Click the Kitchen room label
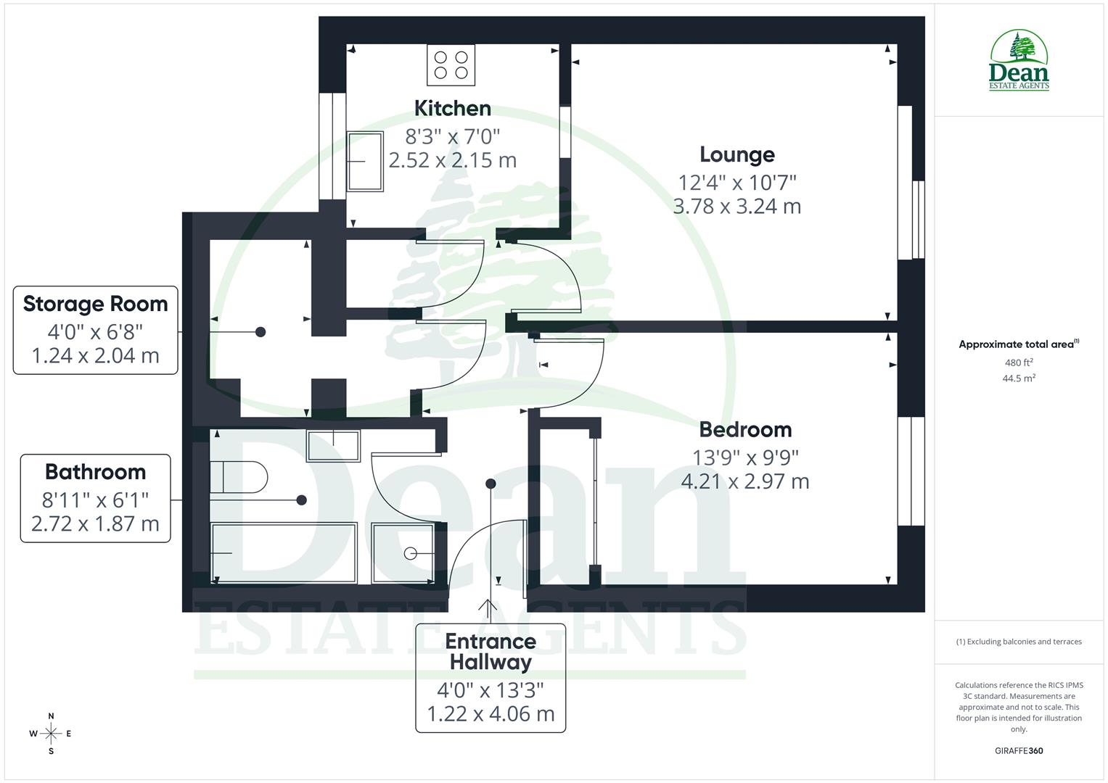click(452, 108)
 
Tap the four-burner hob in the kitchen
click(451, 65)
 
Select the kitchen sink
click(365, 161)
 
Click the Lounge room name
click(736, 154)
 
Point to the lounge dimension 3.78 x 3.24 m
click(736, 207)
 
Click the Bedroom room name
click(745, 429)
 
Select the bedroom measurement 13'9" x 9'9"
click(745, 457)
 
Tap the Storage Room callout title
click(95, 304)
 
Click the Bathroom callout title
click(95, 472)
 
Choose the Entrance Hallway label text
click(491, 651)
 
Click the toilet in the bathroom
click(238, 476)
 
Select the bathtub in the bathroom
click(284, 552)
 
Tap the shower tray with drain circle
click(403, 552)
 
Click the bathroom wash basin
click(333, 445)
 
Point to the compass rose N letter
click(51, 716)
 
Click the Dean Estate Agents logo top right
click(1019, 61)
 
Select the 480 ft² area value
click(1019, 362)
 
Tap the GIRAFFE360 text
click(1019, 750)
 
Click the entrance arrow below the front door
click(487, 609)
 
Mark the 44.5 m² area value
click(1019, 378)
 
